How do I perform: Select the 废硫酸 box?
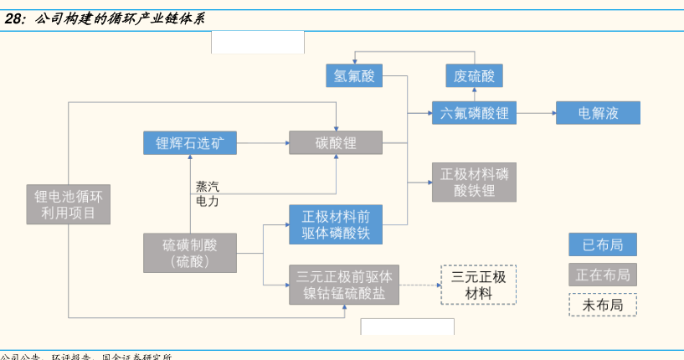pyautogui.click(x=474, y=77)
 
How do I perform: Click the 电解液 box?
pyautogui.click(x=598, y=113)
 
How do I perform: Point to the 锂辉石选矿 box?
pyautogui.click(x=190, y=143)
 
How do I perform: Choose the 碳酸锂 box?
pyautogui.click(x=336, y=143)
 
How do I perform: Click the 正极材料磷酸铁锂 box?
pyautogui.click(x=474, y=183)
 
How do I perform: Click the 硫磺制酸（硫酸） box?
pyautogui.click(x=190, y=253)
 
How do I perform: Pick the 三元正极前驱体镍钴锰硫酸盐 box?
pyautogui.click(x=344, y=285)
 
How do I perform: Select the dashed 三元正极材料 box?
pyautogui.click(x=478, y=285)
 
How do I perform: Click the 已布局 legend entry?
pyautogui.click(x=602, y=245)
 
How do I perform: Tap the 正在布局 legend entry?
pyautogui.click(x=602, y=275)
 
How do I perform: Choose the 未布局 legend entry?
pyautogui.click(x=602, y=305)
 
